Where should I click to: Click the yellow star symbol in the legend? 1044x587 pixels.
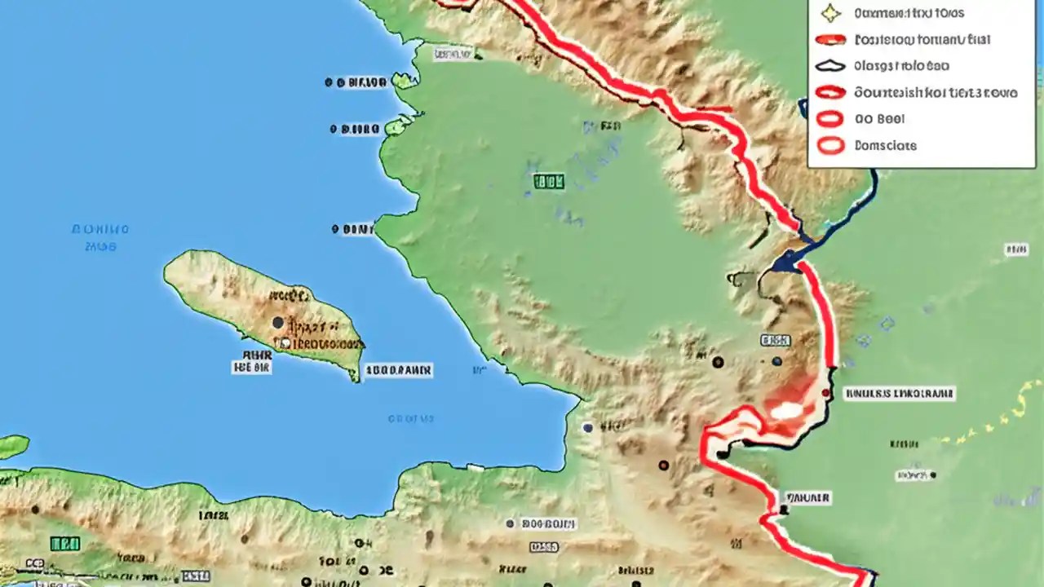(x=830, y=13)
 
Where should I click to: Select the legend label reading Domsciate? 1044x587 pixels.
(x=885, y=146)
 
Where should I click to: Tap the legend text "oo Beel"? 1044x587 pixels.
(x=879, y=119)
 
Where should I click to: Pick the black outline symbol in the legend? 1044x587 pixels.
(x=830, y=66)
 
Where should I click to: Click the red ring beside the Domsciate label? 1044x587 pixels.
(x=830, y=146)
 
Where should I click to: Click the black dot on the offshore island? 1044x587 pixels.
(x=278, y=323)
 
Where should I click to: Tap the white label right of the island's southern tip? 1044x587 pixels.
(x=398, y=370)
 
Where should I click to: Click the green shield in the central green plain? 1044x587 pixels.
(x=548, y=182)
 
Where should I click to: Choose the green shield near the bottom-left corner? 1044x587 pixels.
(x=64, y=543)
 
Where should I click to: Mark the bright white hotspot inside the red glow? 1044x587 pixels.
(x=786, y=410)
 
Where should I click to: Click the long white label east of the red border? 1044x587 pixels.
(x=898, y=394)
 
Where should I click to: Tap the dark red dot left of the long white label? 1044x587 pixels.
(x=825, y=393)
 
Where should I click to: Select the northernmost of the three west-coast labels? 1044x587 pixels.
(x=356, y=82)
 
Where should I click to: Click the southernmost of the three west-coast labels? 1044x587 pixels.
(x=352, y=230)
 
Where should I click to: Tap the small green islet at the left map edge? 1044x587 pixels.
(x=13, y=446)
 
